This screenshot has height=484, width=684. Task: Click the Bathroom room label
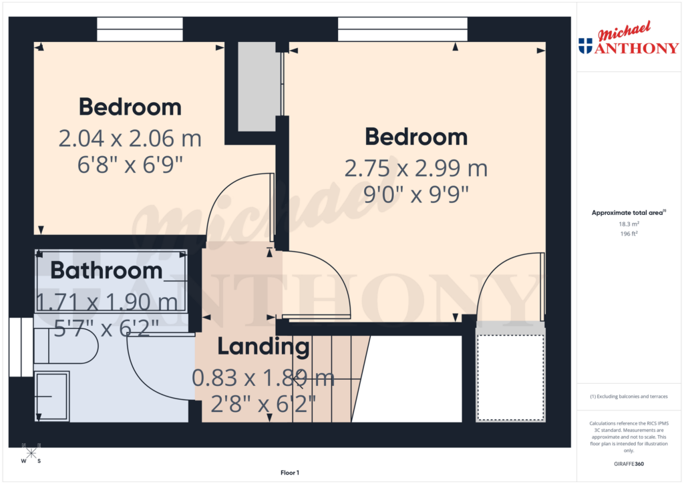click(106, 271)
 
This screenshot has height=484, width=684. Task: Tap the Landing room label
click(263, 347)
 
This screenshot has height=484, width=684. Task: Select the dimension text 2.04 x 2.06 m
click(130, 139)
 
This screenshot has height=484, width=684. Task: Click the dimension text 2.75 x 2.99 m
click(415, 168)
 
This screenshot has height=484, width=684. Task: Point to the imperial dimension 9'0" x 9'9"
click(415, 194)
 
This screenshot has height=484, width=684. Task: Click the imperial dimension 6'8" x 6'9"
click(130, 164)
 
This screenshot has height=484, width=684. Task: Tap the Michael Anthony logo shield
click(585, 45)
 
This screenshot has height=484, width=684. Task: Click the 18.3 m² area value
click(629, 224)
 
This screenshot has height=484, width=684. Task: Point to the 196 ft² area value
click(629, 234)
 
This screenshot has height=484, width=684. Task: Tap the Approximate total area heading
click(628, 213)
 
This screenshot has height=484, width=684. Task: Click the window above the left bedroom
click(140, 29)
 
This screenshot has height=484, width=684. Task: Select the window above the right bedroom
click(402, 29)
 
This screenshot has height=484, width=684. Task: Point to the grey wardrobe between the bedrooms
click(258, 87)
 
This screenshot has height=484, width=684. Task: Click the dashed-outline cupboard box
click(510, 377)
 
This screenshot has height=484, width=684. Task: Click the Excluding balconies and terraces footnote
click(629, 397)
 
